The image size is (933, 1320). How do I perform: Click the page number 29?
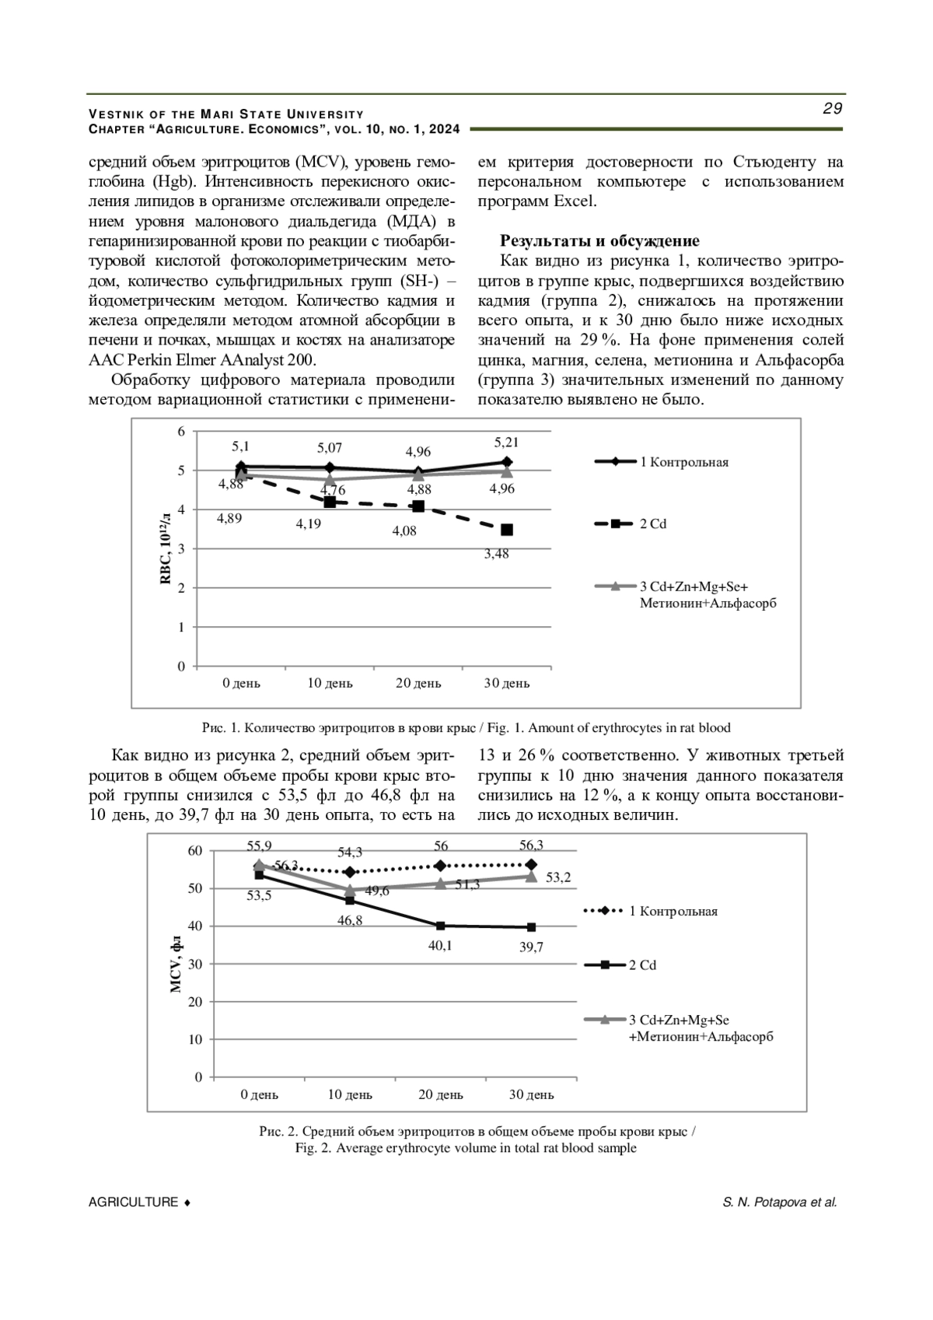click(832, 109)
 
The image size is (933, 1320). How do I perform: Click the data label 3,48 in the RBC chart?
click(496, 555)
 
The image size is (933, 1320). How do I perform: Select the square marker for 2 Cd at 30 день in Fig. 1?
click(507, 530)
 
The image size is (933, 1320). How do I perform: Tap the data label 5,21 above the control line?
click(506, 443)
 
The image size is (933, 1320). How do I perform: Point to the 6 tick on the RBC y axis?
click(182, 432)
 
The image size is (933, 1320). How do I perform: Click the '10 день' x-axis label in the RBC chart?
click(330, 684)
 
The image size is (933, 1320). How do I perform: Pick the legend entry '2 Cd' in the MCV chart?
click(642, 965)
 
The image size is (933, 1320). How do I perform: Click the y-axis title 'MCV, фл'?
click(176, 965)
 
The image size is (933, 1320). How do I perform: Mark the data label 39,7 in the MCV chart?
click(531, 947)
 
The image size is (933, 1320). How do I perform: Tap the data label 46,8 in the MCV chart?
click(350, 921)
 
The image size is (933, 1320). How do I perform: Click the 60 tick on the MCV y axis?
click(194, 851)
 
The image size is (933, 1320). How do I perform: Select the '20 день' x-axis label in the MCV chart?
click(441, 1095)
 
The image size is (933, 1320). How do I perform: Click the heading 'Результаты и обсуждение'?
click(599, 241)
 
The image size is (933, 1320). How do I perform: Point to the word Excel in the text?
click(575, 201)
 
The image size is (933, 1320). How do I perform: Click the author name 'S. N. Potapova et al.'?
click(779, 1203)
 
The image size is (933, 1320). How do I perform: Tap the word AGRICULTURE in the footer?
click(133, 1203)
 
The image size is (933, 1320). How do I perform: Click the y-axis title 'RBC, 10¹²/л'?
click(166, 549)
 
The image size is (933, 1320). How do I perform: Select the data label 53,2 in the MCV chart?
click(558, 877)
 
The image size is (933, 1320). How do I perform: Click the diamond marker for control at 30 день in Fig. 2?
click(532, 865)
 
